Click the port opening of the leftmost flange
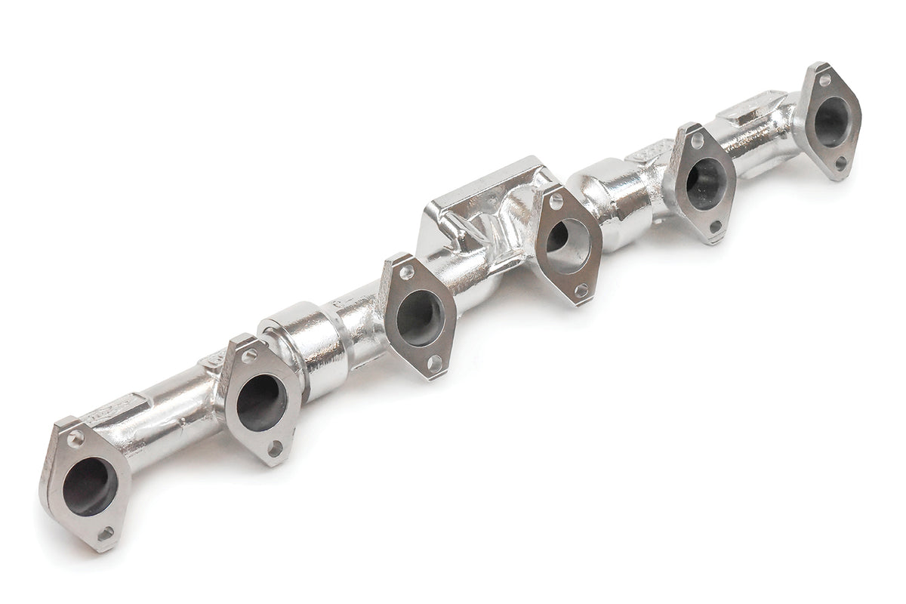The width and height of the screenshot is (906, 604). pyautogui.click(x=90, y=486)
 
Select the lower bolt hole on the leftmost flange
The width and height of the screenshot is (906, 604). pyautogui.click(x=105, y=533)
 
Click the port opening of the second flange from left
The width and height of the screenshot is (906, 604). pyautogui.click(x=260, y=402)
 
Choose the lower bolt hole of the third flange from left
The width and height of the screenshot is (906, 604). pyautogui.click(x=433, y=362)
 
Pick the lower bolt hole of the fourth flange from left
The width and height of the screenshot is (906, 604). pyautogui.click(x=580, y=289)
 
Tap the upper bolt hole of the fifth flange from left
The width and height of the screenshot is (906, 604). pyautogui.click(x=696, y=141)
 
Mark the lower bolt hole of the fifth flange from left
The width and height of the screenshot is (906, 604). pyautogui.click(x=714, y=226)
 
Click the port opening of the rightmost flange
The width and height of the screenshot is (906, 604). pyautogui.click(x=831, y=121)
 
